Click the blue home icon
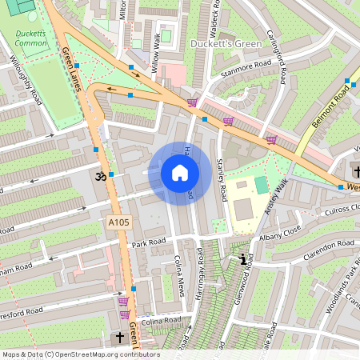(x=180, y=173)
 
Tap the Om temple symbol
(x=101, y=177)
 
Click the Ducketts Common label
(x=31, y=38)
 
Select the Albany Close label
(x=279, y=238)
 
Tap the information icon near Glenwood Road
(x=242, y=258)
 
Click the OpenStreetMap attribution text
(x=81, y=354)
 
